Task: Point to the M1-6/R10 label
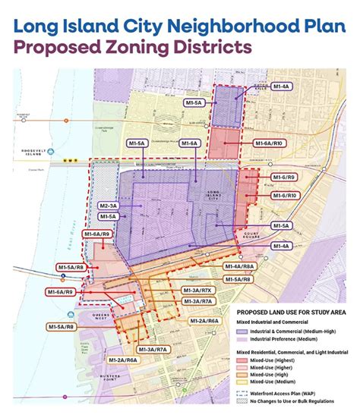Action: click(282, 195)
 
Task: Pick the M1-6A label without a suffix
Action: click(190, 143)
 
